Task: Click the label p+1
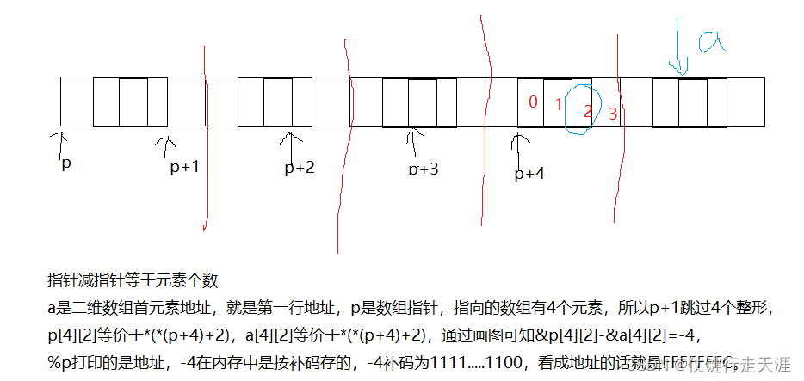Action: tap(184, 167)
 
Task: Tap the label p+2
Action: tap(300, 168)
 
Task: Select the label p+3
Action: tap(424, 169)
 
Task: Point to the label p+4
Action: tap(529, 174)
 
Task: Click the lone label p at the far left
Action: tap(65, 163)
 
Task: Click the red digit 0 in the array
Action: tap(533, 102)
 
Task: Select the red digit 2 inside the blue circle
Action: tap(587, 111)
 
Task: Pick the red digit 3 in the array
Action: tap(612, 114)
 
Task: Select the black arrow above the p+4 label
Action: tap(518, 146)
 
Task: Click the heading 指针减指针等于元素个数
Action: tap(133, 280)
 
